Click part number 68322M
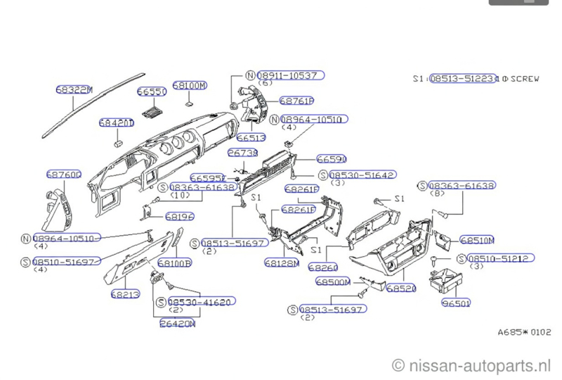click(x=74, y=89)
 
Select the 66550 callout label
click(x=151, y=92)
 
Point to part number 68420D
click(x=116, y=122)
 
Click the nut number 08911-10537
click(x=290, y=75)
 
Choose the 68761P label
click(x=296, y=101)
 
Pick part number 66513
click(x=251, y=138)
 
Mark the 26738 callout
click(x=242, y=153)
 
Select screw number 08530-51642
click(x=361, y=175)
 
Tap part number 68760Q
click(x=64, y=174)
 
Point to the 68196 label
click(x=179, y=216)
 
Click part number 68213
click(x=124, y=293)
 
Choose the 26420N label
click(x=177, y=324)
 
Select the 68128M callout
click(x=282, y=262)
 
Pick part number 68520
click(x=400, y=288)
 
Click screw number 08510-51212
click(x=500, y=258)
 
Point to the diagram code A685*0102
click(x=524, y=332)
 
